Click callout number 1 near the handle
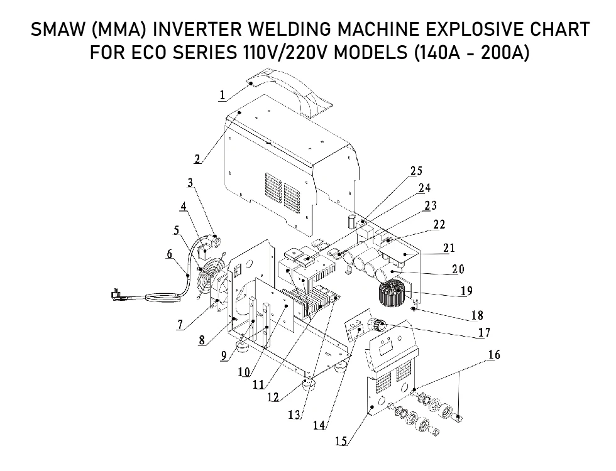(x=223, y=95)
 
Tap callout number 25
(x=416, y=171)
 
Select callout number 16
(x=494, y=355)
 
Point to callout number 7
(x=180, y=325)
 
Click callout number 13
(x=294, y=414)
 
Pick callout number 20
(x=458, y=269)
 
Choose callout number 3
(x=190, y=183)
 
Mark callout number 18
(x=477, y=315)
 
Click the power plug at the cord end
(x=116, y=295)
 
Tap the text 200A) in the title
(x=504, y=52)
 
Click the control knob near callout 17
(x=376, y=325)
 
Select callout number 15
(x=341, y=441)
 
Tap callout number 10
(x=244, y=372)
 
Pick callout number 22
(x=439, y=225)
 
